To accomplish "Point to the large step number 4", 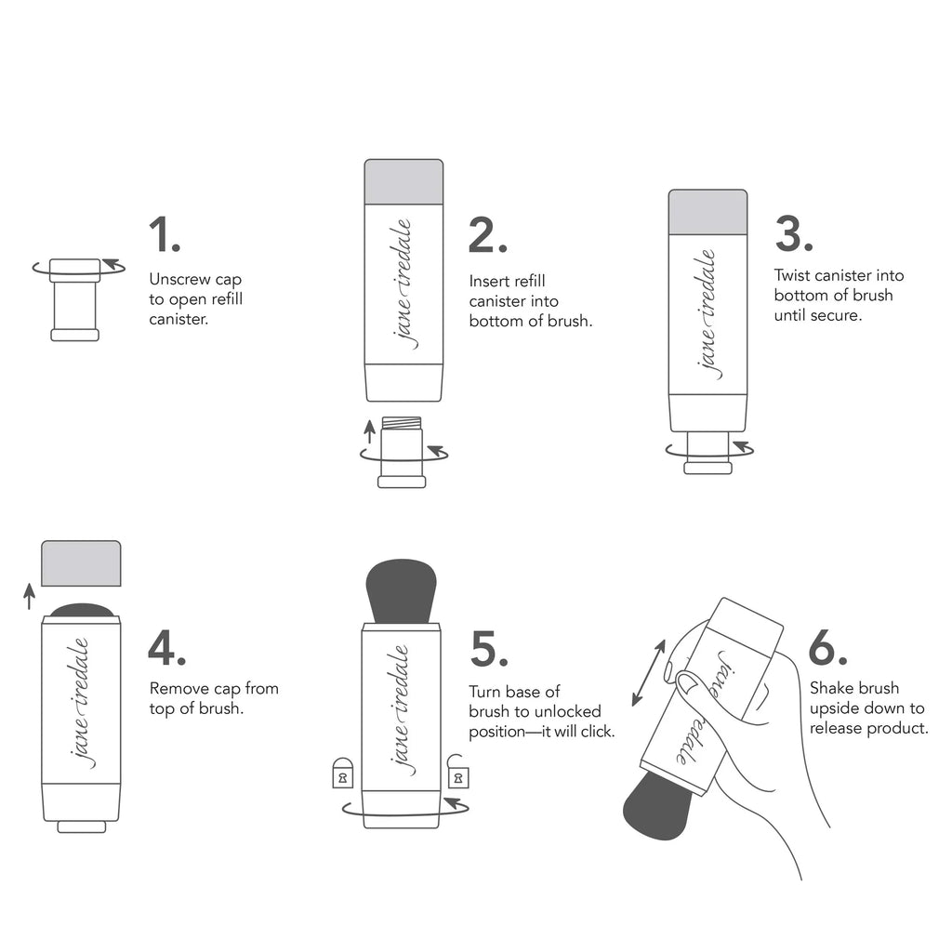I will [167, 648].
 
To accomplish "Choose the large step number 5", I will [488, 648].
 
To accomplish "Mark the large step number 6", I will [826, 648].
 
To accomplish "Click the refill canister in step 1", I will [74, 299].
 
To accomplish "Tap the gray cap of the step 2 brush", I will [403, 181].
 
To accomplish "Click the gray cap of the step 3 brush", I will [707, 211].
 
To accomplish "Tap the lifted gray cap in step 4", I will [81, 563].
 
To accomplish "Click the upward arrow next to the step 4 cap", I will [29, 595].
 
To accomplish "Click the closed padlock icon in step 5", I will [343, 773].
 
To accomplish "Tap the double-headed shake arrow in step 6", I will [649, 673].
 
